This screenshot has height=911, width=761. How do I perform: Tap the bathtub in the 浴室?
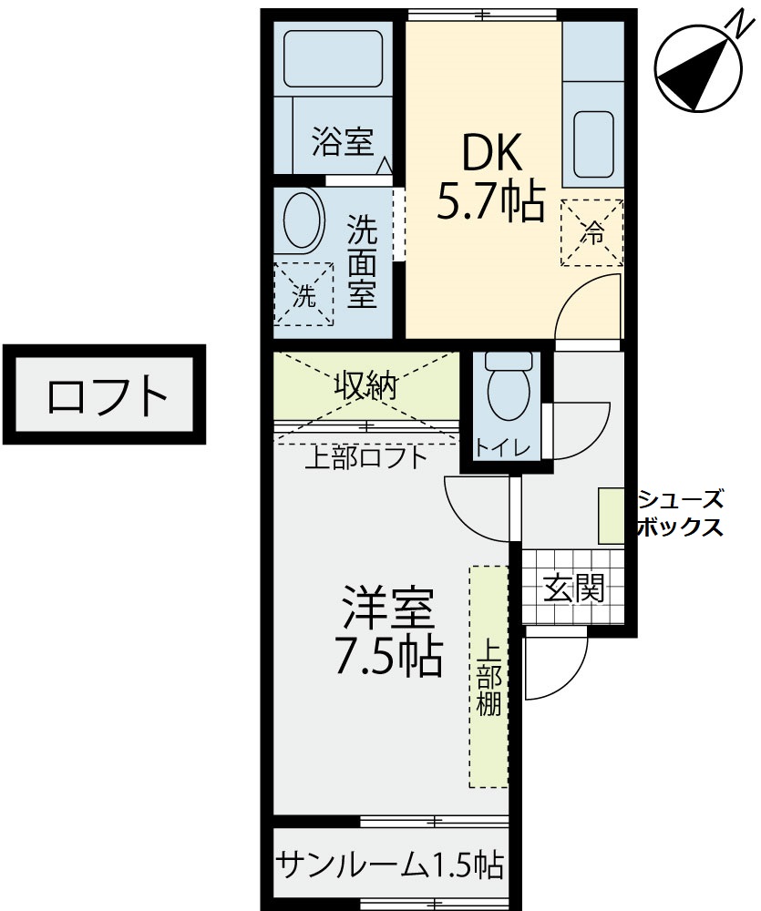[333, 58]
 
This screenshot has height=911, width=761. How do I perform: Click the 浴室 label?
[343, 141]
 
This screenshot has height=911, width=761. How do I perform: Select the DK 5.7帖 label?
[490, 178]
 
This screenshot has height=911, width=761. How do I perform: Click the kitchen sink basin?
[593, 144]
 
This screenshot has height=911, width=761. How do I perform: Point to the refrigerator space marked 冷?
[591, 232]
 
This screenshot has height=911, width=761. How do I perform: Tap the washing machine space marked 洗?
[303, 294]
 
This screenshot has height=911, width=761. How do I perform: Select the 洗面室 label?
[362, 261]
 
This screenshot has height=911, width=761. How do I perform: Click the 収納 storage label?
[365, 384]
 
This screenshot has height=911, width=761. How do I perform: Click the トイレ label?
[503, 447]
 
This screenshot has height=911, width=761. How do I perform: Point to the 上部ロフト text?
[367, 458]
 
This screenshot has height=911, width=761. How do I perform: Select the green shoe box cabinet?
[611, 517]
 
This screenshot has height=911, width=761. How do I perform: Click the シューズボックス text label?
[680, 512]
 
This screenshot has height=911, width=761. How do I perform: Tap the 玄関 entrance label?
[573, 589]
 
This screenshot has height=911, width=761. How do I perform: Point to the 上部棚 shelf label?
[488, 677]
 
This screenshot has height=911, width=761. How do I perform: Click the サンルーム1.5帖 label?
[389, 865]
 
